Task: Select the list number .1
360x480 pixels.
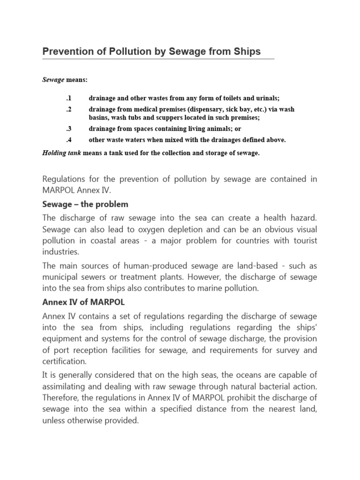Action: [x=67, y=98]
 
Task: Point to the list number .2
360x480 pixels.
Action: [x=67, y=109]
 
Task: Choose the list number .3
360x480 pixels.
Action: [x=67, y=128]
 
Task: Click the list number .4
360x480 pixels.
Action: [x=67, y=140]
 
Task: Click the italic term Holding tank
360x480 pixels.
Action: [x=62, y=153]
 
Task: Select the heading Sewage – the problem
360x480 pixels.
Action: [x=85, y=204]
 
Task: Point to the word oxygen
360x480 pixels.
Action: [x=147, y=229]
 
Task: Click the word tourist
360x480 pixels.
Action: [x=303, y=240]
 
